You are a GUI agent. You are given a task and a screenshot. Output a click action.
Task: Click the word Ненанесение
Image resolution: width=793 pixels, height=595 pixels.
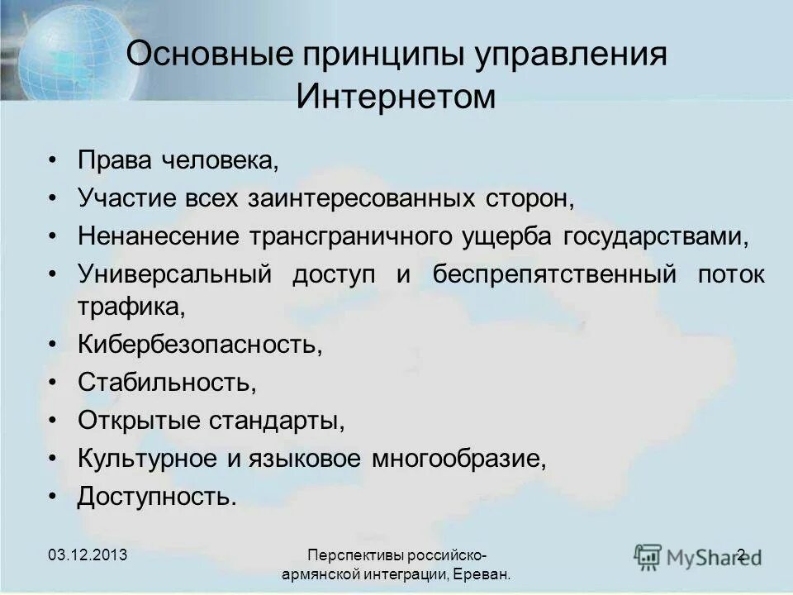[156, 236]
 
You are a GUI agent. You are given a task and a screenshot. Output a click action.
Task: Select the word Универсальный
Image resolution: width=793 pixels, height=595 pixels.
[174, 274]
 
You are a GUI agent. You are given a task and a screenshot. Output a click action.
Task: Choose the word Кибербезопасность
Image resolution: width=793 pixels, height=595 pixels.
[199, 344]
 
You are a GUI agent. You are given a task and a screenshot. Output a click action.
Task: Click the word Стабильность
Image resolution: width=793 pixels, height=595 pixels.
[163, 382]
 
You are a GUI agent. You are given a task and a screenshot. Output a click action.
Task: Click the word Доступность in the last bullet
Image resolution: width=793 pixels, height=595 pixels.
[157, 496]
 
